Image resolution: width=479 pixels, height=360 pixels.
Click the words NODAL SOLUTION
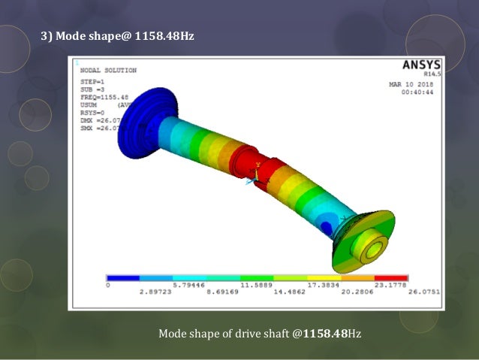click(x=108, y=70)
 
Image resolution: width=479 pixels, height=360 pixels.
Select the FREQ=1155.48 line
click(x=104, y=96)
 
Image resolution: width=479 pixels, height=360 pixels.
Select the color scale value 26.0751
click(x=424, y=292)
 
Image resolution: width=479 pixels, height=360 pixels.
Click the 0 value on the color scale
click(x=108, y=286)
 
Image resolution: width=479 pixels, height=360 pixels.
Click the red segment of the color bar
click(x=391, y=278)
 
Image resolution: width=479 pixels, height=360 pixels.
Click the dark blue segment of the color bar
click(x=123, y=278)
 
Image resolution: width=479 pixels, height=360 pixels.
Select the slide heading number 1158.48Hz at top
click(x=164, y=35)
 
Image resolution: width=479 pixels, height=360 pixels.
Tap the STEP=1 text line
click(x=93, y=81)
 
